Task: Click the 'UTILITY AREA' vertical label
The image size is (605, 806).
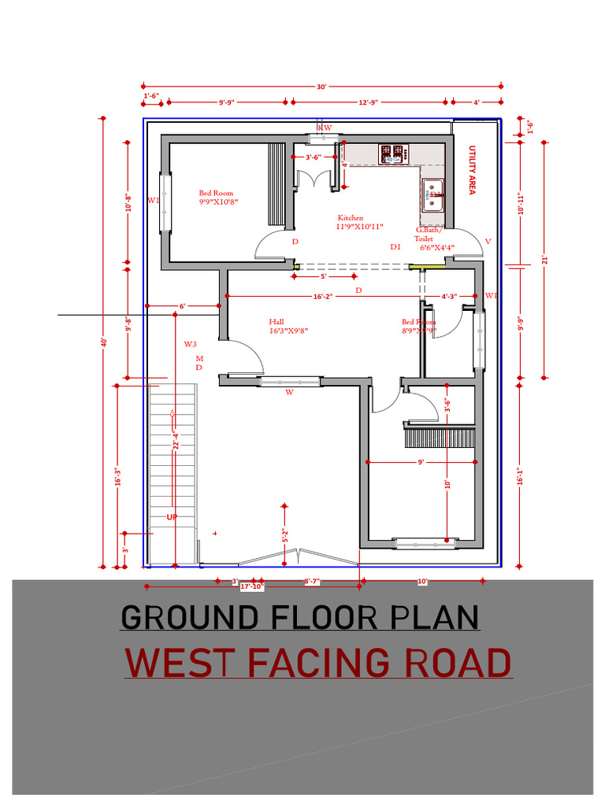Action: [473, 170]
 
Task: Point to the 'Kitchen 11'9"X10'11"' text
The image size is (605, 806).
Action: [360, 222]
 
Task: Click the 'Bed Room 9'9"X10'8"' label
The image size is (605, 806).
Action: [218, 197]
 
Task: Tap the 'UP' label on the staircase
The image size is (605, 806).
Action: [171, 517]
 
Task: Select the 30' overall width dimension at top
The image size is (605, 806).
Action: [321, 87]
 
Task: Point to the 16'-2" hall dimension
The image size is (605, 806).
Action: [323, 296]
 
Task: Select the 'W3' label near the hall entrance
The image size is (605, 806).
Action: [190, 345]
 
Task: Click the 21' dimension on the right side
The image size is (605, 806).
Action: [544, 259]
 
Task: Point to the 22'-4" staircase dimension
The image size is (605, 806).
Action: [176, 441]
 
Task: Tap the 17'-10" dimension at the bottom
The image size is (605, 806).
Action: [251, 586]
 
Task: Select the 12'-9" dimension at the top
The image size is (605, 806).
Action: [368, 102]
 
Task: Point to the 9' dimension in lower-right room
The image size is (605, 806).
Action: [421, 462]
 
